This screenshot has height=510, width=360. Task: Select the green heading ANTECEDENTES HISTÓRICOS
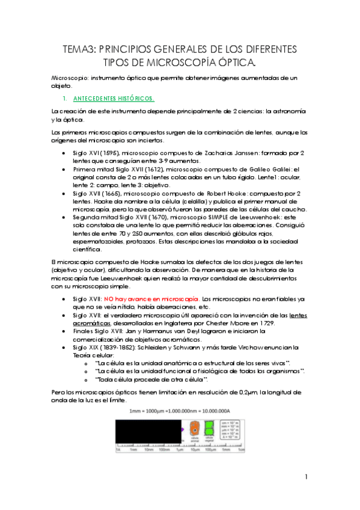click(114, 98)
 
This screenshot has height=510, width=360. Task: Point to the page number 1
click(306, 477)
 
